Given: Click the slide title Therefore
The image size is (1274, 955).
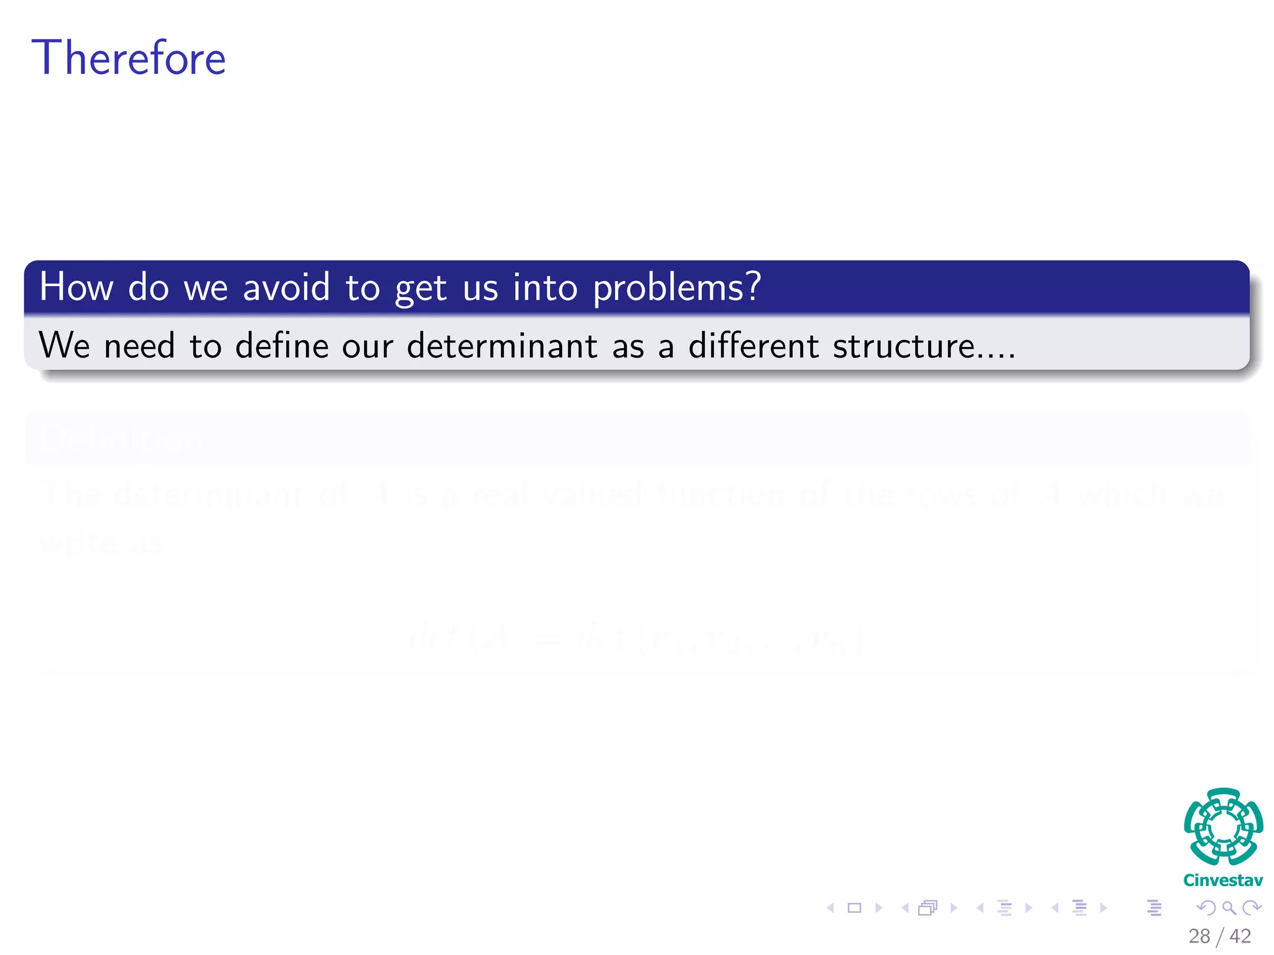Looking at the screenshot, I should (128, 58).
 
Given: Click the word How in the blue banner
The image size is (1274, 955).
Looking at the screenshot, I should (76, 287).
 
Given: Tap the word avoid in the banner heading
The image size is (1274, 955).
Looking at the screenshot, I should (286, 287).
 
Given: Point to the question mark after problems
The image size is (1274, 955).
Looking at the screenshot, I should (754, 286).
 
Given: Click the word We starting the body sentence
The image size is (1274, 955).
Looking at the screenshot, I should (64, 345).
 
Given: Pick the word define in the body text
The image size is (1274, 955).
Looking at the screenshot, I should (282, 345).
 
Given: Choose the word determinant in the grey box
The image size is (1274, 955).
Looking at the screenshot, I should (501, 345).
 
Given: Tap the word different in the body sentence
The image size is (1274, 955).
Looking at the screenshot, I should (753, 345).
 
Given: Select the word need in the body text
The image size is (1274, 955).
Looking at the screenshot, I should (139, 345).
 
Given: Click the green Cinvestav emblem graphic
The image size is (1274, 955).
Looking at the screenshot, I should (1223, 826).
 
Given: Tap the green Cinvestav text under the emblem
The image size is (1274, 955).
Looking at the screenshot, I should (1223, 880).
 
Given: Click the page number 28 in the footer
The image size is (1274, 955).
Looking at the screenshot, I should (1199, 936).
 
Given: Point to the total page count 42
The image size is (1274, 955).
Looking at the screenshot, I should (1240, 936).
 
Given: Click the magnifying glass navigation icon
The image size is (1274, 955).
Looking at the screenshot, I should (1229, 908).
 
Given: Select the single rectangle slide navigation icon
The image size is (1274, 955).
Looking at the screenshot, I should (855, 908).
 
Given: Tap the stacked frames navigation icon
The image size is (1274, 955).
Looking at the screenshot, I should (928, 908).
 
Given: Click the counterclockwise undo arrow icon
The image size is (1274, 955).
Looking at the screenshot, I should (1206, 908).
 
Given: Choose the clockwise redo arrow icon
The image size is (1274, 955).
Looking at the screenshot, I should (1252, 908).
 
